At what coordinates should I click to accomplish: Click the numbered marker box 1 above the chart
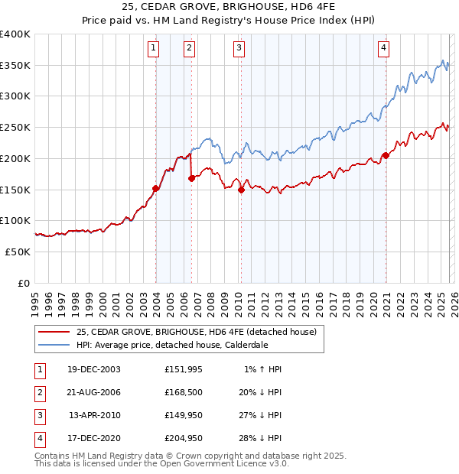tap(154, 48)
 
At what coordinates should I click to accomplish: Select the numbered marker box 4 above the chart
tap(383, 48)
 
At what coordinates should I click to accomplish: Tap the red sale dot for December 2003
tap(156, 188)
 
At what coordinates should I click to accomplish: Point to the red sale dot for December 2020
tap(386, 155)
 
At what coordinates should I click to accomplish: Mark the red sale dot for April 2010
tap(241, 190)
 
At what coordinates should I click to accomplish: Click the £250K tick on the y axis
tap(15, 128)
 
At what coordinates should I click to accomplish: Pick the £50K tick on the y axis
tap(18, 252)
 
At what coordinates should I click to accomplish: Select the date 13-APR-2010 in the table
tap(94, 416)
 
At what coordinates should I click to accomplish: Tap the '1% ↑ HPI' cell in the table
tap(262, 369)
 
